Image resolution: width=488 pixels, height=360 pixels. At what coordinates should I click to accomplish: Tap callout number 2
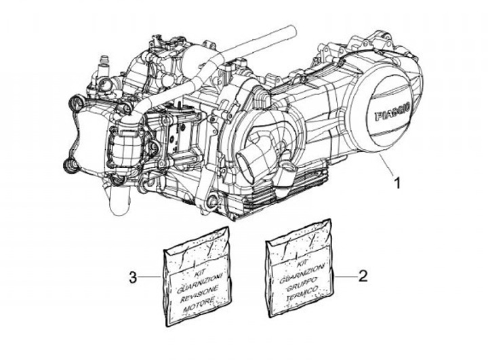[x=363, y=276]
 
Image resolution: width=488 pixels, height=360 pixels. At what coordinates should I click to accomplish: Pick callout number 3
[x=134, y=277]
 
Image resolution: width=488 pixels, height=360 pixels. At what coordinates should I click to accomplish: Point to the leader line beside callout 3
[x=150, y=277]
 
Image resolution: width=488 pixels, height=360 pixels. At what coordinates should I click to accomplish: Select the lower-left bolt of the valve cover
[x=68, y=163]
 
